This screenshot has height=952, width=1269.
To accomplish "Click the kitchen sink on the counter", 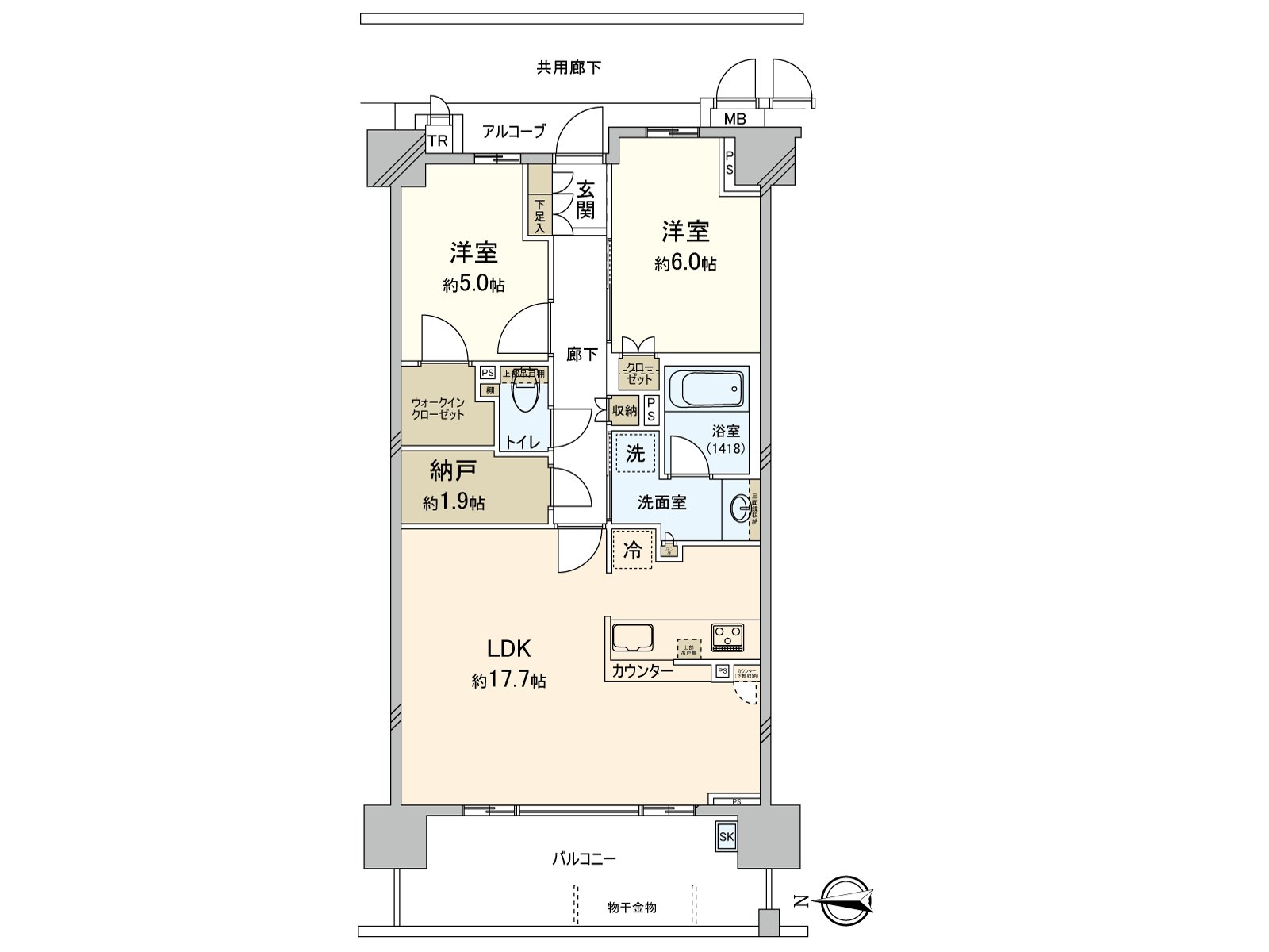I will point(632,638).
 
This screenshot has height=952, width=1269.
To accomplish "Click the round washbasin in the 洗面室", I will point(740,508).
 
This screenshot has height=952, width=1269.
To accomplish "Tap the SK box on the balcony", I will point(726,836).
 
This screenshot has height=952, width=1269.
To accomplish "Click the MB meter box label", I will point(734,119).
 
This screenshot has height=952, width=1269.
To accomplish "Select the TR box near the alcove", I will point(438,141).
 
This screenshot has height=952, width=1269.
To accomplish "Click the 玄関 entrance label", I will point(585,199).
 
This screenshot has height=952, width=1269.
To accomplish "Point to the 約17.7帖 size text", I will point(508,681).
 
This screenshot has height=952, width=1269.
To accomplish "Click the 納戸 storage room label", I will point(453,471).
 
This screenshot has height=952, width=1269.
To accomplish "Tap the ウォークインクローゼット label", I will point(438,408).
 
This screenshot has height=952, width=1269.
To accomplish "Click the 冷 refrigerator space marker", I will point(632,551).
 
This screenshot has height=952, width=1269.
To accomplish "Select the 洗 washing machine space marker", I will point(635,453).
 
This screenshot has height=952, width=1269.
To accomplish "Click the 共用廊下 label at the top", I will point(569,67).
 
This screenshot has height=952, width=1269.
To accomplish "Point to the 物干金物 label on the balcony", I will point(631,907).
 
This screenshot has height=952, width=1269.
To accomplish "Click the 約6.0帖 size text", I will point(685,263).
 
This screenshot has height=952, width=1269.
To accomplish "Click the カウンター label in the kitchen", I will point(642,671).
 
